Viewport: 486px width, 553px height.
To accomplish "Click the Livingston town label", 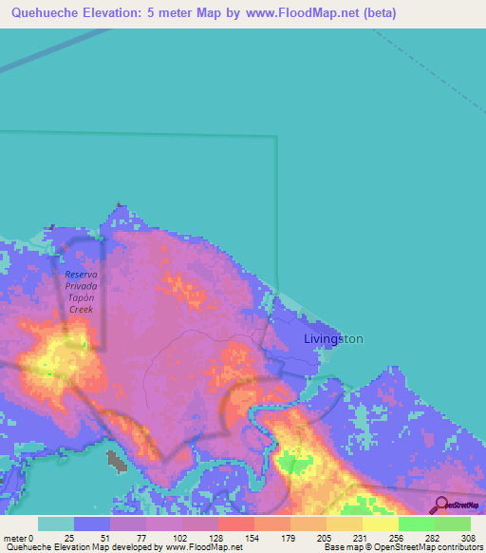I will (x=332, y=338).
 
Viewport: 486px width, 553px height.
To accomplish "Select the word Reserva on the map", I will (x=82, y=274).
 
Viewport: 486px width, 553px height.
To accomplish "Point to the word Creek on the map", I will (x=82, y=310).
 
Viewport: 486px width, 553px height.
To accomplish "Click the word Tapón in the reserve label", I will (x=82, y=297).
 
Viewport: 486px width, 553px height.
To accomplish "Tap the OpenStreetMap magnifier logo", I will (x=440, y=505).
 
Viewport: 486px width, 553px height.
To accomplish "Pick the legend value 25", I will (x=68, y=537).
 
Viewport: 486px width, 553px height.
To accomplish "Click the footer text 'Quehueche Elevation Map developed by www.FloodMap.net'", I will (x=123, y=547).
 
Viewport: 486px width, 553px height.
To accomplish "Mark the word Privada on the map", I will (x=82, y=285).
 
